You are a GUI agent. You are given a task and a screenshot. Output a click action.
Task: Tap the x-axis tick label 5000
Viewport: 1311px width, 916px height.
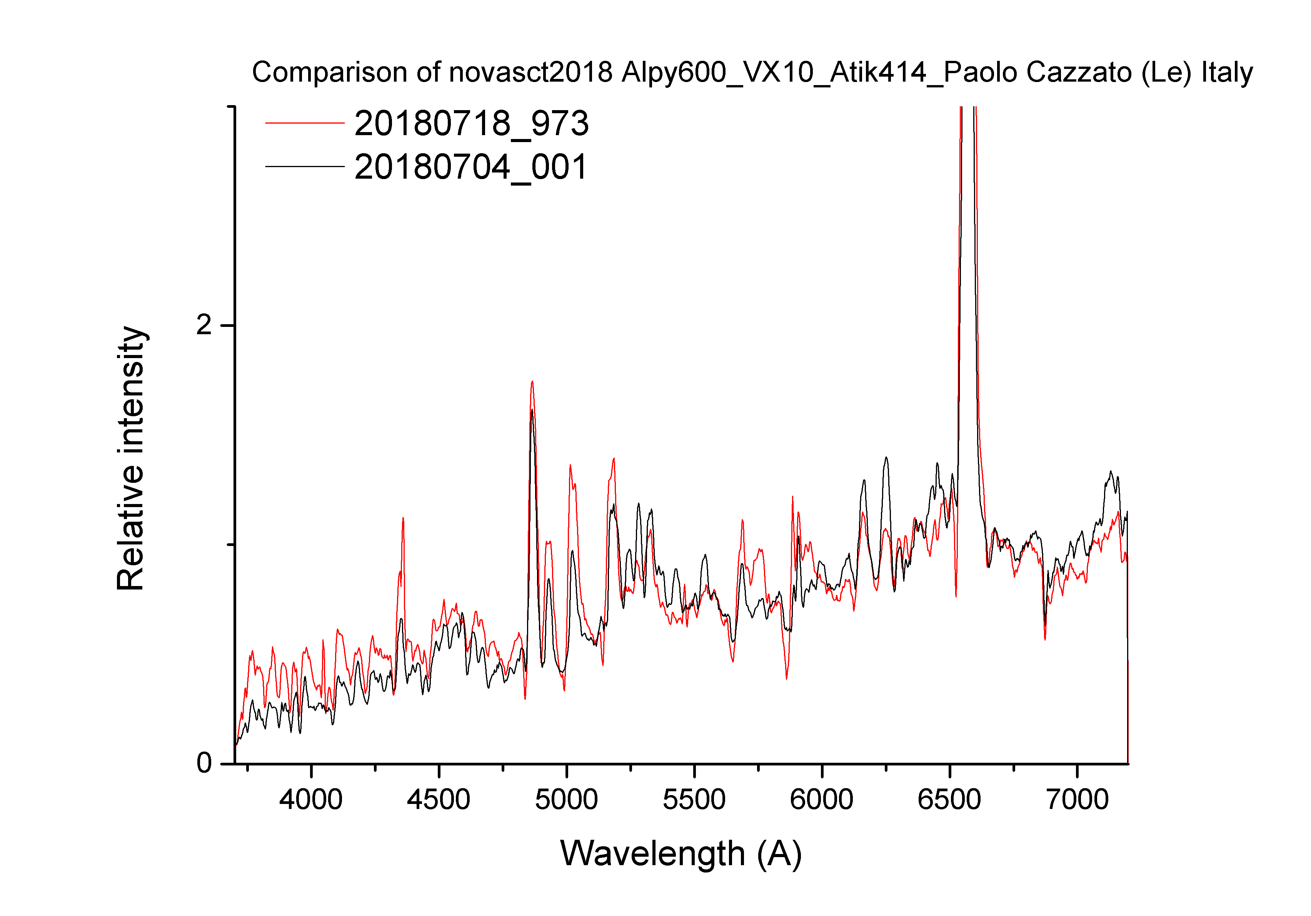pyautogui.click(x=566, y=799)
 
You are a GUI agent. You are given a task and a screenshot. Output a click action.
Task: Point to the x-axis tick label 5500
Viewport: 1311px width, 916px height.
pyautogui.click(x=694, y=799)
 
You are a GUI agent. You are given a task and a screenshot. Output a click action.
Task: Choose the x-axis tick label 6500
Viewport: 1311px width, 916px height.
pyautogui.click(x=949, y=799)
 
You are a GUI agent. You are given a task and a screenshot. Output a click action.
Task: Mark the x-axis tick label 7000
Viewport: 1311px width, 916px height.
pyautogui.click(x=1077, y=799)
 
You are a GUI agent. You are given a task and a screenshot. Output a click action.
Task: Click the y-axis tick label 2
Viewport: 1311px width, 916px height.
pyautogui.click(x=204, y=326)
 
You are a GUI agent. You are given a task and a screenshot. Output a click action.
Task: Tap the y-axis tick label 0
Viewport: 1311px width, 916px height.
pyautogui.click(x=204, y=763)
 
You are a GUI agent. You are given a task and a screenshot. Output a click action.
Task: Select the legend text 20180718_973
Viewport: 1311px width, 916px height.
pyautogui.click(x=471, y=124)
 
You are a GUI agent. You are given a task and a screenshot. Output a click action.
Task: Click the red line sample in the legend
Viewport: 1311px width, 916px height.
pyautogui.click(x=305, y=123)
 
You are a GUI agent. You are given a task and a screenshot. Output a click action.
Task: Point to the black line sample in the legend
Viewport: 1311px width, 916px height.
pyautogui.click(x=305, y=166)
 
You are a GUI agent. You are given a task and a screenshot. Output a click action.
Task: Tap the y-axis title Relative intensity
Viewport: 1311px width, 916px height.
pyautogui.click(x=131, y=458)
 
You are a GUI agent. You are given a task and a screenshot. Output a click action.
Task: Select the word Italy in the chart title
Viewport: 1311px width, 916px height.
pyautogui.click(x=1227, y=72)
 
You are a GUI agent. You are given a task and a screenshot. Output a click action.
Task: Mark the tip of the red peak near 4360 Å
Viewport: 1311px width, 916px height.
pyautogui.click(x=403, y=518)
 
